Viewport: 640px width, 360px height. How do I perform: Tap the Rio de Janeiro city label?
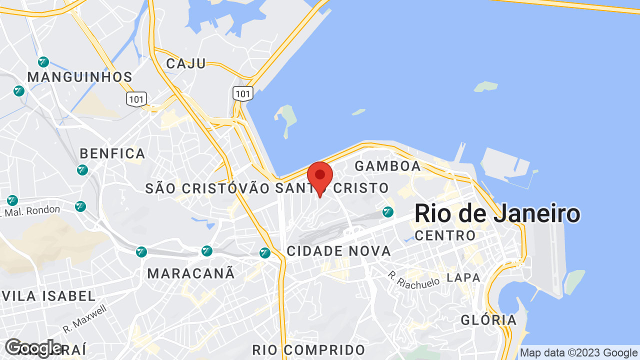pos(497,214)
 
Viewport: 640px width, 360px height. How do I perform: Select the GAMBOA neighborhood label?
pos(388,166)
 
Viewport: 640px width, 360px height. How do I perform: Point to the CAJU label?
pos(186,63)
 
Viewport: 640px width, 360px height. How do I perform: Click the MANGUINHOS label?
pos(80,77)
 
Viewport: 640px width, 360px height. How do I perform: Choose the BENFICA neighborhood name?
pos(112,153)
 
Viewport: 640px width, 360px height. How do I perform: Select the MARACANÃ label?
pos(191,273)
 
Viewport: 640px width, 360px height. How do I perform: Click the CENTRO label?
pos(445,235)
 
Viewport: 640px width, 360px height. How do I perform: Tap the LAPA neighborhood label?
pos(463,277)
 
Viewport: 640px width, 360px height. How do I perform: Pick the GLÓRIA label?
pos(488,320)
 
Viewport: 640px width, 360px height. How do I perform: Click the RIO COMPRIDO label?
pos(308,349)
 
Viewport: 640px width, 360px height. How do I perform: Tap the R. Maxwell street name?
pos(85,319)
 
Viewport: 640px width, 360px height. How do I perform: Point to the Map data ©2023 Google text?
pos(578,353)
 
